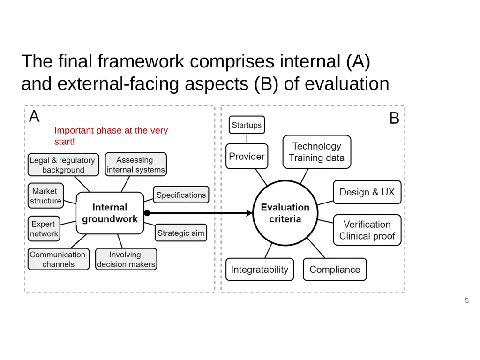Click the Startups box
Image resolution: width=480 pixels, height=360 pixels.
click(247, 125)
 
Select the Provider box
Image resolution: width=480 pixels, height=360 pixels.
click(247, 156)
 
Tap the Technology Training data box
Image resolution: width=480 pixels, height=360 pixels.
click(317, 152)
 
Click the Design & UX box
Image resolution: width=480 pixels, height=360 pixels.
click(367, 192)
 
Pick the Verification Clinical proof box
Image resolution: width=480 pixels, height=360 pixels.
click(367, 230)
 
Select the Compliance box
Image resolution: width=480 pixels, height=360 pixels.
click(335, 270)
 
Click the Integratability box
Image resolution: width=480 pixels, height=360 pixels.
click(260, 270)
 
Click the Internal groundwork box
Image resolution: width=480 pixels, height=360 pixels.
click(110, 213)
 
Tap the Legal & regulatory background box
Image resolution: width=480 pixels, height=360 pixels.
click(63, 165)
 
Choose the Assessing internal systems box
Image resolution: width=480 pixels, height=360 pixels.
click(136, 165)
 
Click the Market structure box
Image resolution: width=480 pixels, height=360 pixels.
click(45, 195)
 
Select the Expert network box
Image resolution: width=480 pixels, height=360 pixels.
click(44, 229)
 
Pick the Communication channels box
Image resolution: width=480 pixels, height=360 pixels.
click(59, 259)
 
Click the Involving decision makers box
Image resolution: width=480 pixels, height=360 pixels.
click(126, 259)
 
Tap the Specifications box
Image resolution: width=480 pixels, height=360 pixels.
click(181, 195)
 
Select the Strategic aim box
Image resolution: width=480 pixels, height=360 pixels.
click(181, 233)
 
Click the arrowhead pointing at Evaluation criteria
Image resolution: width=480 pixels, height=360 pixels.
click(249, 213)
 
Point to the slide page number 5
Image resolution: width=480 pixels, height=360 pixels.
click(467, 300)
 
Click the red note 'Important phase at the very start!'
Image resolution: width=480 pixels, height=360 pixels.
click(111, 136)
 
